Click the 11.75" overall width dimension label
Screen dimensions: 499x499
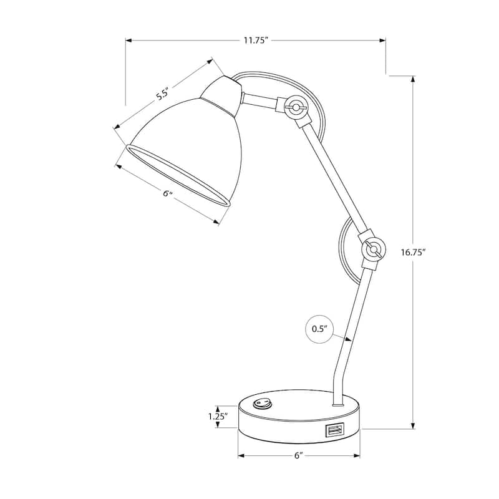tap(255, 41)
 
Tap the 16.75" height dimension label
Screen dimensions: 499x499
tap(412, 253)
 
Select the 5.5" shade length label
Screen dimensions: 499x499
tap(163, 95)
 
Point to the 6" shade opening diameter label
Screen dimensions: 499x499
tap(167, 194)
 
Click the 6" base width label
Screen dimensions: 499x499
tap(299, 456)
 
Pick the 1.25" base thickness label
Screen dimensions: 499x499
tap(217, 415)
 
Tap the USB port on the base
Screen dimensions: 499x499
tap(334, 430)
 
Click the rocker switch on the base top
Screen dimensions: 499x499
tap(263, 404)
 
